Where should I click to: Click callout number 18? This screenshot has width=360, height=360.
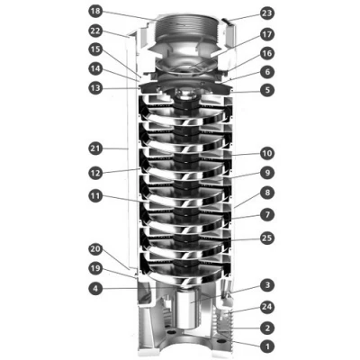(96, 13)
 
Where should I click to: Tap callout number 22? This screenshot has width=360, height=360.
(96, 32)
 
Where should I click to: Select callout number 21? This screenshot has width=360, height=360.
(96, 146)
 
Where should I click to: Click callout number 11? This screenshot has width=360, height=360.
(96, 195)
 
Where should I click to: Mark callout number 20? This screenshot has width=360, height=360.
(96, 249)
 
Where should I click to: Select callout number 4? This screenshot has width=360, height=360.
(96, 289)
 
